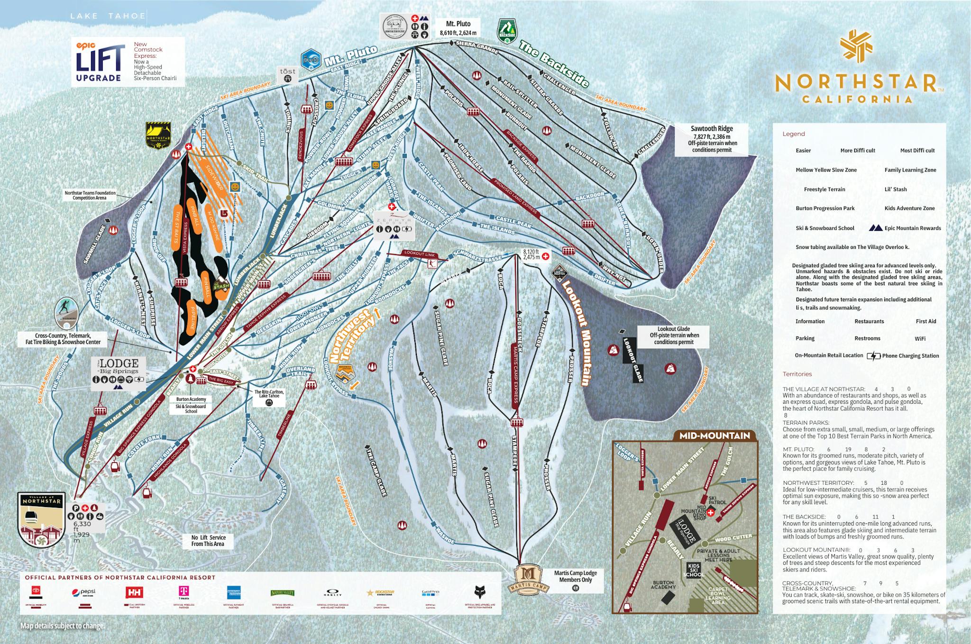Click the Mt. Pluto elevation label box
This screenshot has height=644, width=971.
point(458,28)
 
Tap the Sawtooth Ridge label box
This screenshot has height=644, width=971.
point(712,139)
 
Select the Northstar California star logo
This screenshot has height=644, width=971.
point(856,46)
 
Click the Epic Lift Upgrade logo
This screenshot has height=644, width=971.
point(101,62)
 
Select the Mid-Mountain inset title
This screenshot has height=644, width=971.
point(715,435)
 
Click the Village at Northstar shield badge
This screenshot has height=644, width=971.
point(42,519)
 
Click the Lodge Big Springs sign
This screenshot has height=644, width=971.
point(118,373)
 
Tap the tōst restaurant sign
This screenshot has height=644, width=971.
point(287,75)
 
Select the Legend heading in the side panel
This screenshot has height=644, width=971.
point(793,134)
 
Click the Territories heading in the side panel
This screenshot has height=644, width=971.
point(797,374)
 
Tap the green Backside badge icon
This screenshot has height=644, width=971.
point(506,31)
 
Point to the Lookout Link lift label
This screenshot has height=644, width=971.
point(420,254)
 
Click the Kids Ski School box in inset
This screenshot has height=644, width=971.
point(694,570)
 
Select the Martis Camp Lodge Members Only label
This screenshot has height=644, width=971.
point(576,576)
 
